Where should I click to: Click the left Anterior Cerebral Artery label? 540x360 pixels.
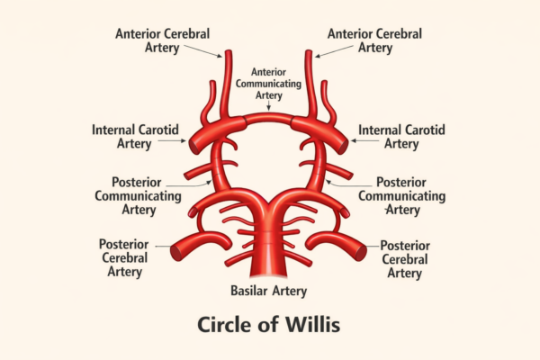[162, 40]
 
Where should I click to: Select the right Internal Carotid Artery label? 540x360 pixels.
[401, 137]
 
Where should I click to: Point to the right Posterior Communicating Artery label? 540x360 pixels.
[409, 195]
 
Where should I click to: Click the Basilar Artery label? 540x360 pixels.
[269, 291]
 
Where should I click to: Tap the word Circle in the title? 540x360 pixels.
[228, 324]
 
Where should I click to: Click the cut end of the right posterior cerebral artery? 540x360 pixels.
[363, 252]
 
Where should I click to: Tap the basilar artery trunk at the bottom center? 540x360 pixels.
[269, 256]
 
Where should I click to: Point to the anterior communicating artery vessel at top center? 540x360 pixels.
[269, 116]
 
